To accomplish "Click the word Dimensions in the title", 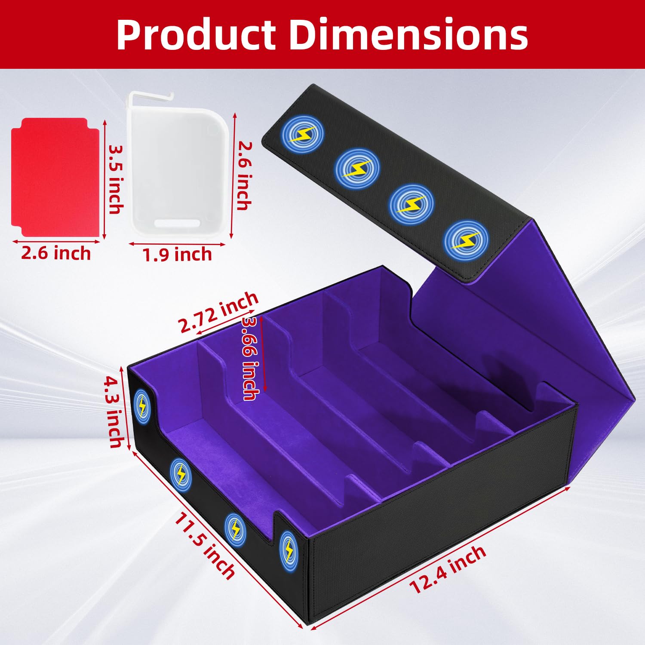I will (x=408, y=34).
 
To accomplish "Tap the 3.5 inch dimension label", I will (x=115, y=179).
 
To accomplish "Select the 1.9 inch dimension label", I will (x=177, y=255).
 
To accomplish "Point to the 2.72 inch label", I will (x=218, y=312).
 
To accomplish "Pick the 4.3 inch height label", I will (x=115, y=412).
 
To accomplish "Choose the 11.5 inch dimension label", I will (x=205, y=547).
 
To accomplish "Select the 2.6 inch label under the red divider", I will (x=56, y=253).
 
